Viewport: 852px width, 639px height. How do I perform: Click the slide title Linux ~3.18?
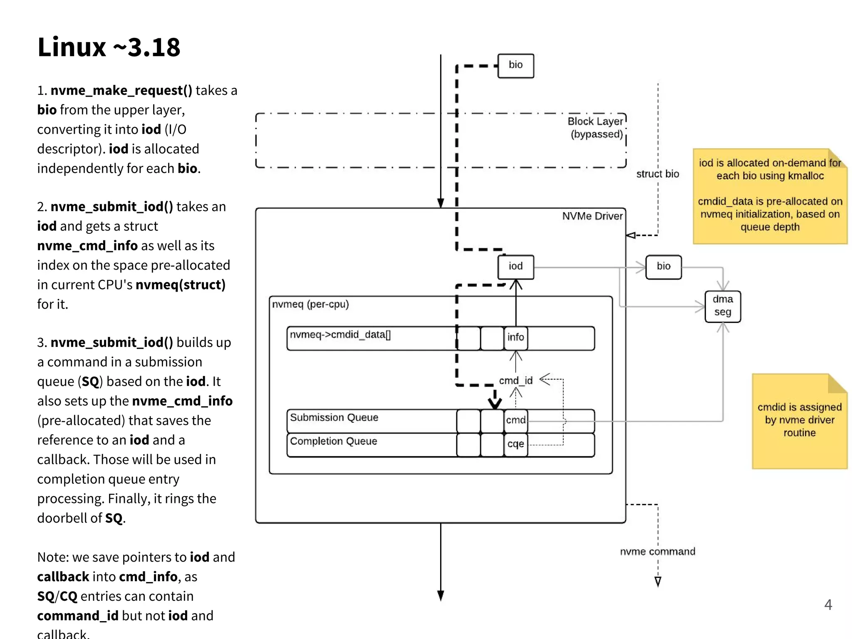click(x=109, y=47)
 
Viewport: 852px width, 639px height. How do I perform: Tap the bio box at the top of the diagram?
click(x=515, y=65)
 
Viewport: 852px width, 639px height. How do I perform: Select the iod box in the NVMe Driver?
click(x=515, y=267)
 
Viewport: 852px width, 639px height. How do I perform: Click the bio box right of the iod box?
click(x=663, y=267)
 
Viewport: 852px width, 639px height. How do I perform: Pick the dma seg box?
click(x=722, y=306)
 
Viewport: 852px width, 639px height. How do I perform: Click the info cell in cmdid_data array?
click(x=515, y=337)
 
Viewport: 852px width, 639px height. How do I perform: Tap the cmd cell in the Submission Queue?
click(x=515, y=420)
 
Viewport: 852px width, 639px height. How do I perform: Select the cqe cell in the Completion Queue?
click(x=515, y=444)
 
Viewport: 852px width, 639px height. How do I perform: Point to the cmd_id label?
click(x=515, y=381)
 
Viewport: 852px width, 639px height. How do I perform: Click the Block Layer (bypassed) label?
click(x=596, y=128)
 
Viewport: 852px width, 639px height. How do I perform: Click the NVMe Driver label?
click(x=592, y=216)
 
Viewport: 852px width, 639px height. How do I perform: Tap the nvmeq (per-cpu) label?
click(x=310, y=305)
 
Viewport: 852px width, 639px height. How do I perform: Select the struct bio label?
click(x=657, y=174)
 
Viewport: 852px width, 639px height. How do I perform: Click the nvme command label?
click(x=657, y=552)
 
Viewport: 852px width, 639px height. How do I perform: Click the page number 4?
click(x=828, y=605)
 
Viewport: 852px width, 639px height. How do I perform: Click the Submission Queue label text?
click(x=334, y=418)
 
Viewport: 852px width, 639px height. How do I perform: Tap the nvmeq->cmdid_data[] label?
click(x=340, y=335)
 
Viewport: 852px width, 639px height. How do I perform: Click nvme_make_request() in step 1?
click(x=121, y=90)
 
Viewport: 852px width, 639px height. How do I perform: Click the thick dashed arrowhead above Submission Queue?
click(x=495, y=402)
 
